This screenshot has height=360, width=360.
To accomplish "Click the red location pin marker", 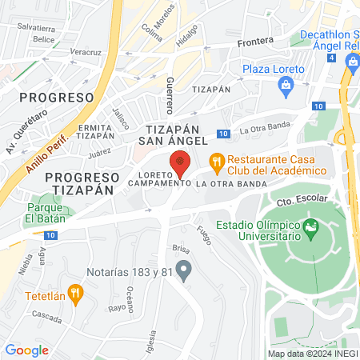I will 181,164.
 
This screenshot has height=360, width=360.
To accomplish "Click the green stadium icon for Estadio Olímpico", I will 310,232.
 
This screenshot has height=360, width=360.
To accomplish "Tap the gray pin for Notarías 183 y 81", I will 184,269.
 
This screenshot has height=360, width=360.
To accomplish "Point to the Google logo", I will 26,350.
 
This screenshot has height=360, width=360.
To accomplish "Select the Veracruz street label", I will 85,51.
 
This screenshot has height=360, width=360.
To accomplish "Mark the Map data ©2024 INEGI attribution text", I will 313,353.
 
